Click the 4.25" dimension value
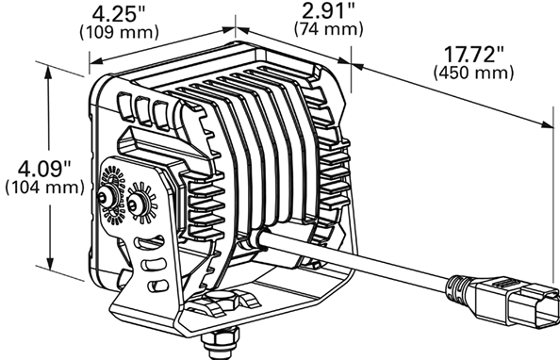[x=119, y=15]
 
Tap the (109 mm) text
[x=119, y=32]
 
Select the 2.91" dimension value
[x=329, y=11]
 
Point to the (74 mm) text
[x=329, y=29]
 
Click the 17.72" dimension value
[x=473, y=55]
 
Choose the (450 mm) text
[x=473, y=73]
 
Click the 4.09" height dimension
[x=44, y=169]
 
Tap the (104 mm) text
[x=44, y=188]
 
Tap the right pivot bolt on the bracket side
[x=137, y=205]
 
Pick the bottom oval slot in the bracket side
[x=157, y=285]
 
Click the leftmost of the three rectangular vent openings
[x=125, y=106]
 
